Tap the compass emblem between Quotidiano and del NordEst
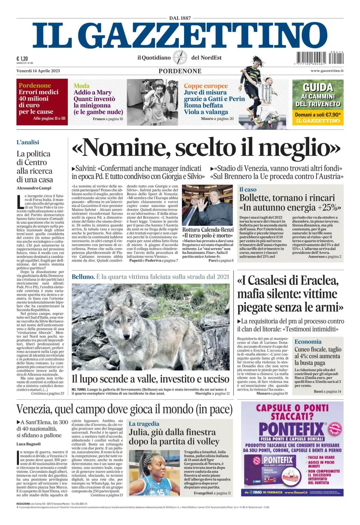tap(180, 57)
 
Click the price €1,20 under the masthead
tap(22, 59)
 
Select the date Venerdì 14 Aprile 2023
tap(38, 71)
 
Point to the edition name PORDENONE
tap(180, 71)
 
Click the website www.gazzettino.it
tap(327, 71)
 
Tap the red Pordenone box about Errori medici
tap(42, 102)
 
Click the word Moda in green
tap(82, 86)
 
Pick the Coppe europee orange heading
tap(206, 86)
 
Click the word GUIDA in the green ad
tap(318, 87)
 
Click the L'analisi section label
tap(28, 142)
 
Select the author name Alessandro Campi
tap(34, 188)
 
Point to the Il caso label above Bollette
tap(248, 189)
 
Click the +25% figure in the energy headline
tap(329, 207)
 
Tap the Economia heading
tap(308, 342)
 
